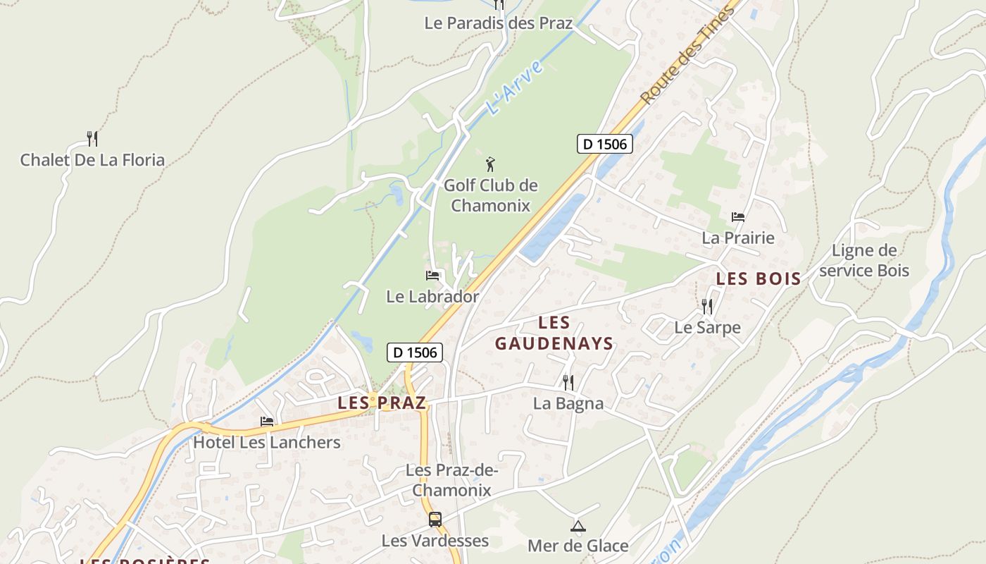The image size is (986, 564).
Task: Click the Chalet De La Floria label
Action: [x=92, y=160]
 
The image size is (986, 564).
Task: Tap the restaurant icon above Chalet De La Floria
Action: [x=92, y=137]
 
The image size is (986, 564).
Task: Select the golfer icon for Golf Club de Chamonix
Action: [x=491, y=165]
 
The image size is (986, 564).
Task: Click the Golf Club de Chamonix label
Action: [x=490, y=196]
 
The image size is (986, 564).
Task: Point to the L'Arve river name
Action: [x=514, y=89]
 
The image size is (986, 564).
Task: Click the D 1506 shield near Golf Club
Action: [x=605, y=144]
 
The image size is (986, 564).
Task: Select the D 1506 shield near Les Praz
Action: [x=415, y=352]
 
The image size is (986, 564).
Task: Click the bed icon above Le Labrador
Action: [x=432, y=275]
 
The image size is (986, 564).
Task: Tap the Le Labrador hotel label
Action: [x=432, y=297]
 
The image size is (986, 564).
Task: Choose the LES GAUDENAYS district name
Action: [x=554, y=333]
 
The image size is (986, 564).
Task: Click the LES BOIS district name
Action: [x=759, y=279]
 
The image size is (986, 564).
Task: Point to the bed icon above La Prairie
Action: [x=738, y=216]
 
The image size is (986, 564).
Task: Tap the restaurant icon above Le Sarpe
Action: [x=707, y=306]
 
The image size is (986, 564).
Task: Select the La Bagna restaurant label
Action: [x=568, y=404]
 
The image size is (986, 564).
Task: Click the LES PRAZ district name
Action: [x=382, y=403]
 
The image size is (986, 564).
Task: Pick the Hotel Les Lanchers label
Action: [x=267, y=443]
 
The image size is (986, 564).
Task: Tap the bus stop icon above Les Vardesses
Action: [x=435, y=520]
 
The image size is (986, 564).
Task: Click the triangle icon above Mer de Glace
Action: [x=578, y=526]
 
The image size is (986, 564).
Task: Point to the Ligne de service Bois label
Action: [x=864, y=261]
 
